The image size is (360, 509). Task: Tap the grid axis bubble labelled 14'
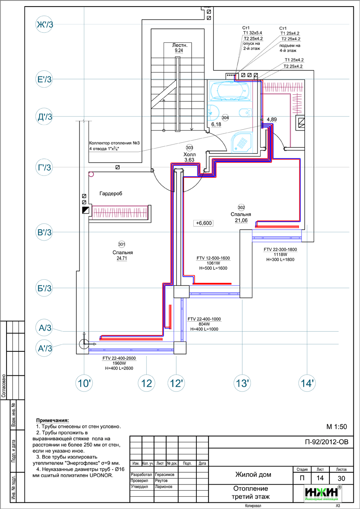[x=307, y=383]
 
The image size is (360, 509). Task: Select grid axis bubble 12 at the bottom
[x=147, y=383]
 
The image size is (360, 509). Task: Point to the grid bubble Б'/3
[x=44, y=289]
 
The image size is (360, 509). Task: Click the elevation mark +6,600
[x=203, y=223]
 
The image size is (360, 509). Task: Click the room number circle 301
[x=122, y=244]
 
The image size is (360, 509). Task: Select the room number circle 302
[x=241, y=207]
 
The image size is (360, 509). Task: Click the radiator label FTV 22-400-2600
[x=119, y=358]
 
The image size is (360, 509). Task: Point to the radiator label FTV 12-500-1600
[x=213, y=258]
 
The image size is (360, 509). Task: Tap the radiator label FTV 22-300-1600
[x=280, y=250]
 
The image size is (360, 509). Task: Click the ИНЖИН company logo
[x=323, y=492]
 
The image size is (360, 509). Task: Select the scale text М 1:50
[x=336, y=426]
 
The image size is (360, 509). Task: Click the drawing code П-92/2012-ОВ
[x=327, y=442]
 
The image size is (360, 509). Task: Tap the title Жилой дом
[x=253, y=475]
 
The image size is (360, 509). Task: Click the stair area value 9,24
[x=178, y=51]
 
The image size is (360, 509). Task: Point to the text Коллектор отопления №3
[x=114, y=143]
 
